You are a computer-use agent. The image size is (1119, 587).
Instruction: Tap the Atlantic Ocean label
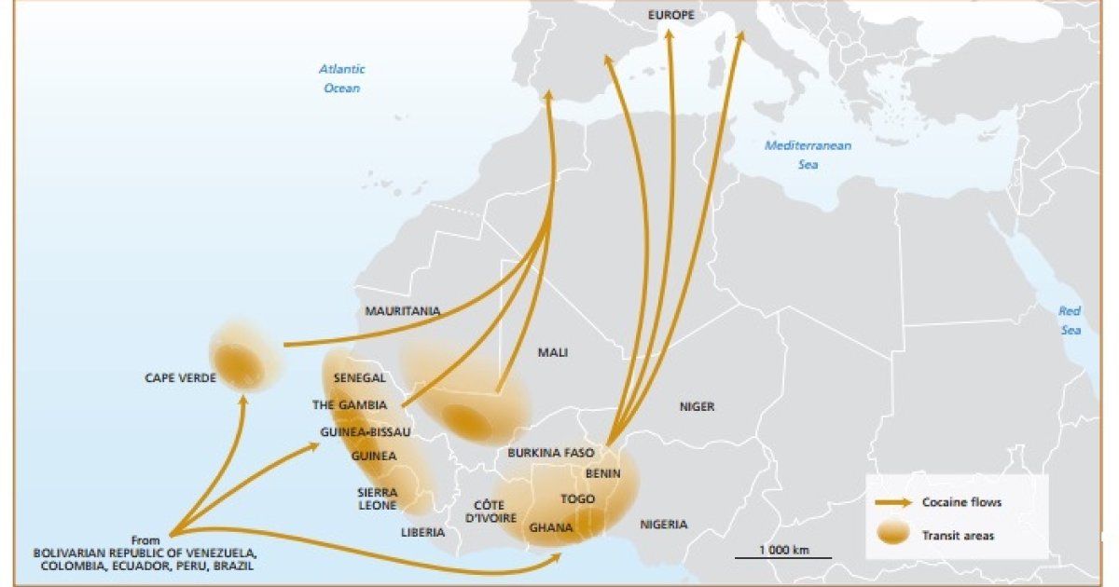(x=342, y=78)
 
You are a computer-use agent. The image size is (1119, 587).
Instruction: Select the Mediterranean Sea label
(x=808, y=155)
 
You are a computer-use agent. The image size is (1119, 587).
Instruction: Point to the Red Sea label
(x=1070, y=321)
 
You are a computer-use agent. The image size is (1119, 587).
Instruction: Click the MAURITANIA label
(x=403, y=311)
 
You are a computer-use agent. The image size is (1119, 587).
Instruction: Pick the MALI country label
(x=553, y=352)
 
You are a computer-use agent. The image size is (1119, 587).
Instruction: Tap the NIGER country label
(x=697, y=406)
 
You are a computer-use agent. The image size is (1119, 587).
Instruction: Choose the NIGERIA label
(x=664, y=525)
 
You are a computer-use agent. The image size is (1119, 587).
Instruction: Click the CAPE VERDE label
(x=180, y=378)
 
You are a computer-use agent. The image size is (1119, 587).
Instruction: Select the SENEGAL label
(x=360, y=378)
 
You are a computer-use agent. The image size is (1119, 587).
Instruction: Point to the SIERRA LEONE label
(x=377, y=498)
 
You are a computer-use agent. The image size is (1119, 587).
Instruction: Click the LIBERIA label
(x=422, y=533)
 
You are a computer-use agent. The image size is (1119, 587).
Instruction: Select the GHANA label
(x=551, y=527)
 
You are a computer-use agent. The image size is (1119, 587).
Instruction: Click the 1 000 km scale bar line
(x=782, y=557)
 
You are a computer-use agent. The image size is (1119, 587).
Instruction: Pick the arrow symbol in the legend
(x=892, y=502)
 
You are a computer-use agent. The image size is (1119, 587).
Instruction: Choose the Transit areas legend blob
(x=892, y=535)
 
